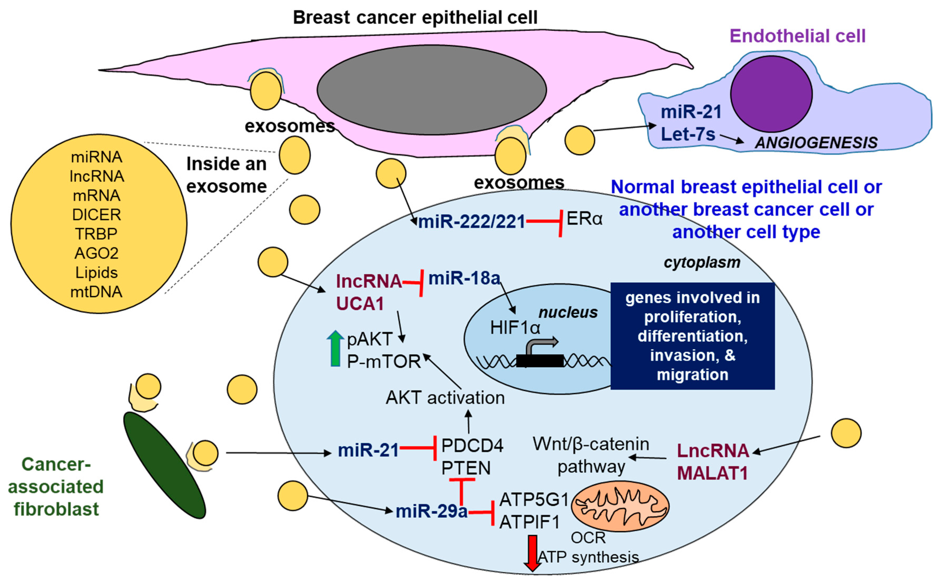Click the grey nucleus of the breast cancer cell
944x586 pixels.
point(432,90)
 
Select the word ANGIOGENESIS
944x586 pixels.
point(816,143)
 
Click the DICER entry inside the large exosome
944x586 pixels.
point(96,215)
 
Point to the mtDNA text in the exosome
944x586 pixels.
point(96,292)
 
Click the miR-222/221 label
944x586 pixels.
point(471,222)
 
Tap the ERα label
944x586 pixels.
point(584,219)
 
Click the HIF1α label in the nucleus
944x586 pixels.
point(515,328)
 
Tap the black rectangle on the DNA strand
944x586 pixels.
point(539,361)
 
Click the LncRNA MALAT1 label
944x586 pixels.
point(713,462)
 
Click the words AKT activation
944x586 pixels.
point(445,398)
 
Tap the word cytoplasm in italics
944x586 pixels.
point(702,262)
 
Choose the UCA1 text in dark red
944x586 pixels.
point(360,303)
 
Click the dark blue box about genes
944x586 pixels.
point(692,336)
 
